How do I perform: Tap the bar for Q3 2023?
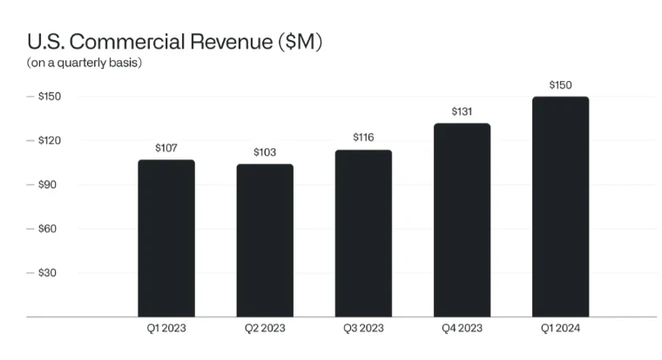(x=363, y=233)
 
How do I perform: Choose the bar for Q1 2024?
(x=560, y=207)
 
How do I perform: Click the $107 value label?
(x=166, y=148)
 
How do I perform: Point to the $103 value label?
(x=265, y=153)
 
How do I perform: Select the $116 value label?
(x=363, y=138)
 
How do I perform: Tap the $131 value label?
(x=462, y=112)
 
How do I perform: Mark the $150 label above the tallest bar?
(x=560, y=85)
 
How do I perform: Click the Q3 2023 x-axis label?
(x=363, y=329)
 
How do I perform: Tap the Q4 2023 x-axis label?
(x=462, y=329)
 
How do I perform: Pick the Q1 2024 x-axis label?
(x=560, y=329)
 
